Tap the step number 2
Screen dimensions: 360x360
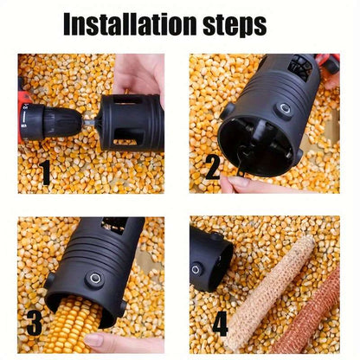[211, 166]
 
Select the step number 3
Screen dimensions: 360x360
[35, 322]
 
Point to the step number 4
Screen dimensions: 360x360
[220, 324]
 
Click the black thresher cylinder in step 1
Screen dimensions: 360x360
[130, 120]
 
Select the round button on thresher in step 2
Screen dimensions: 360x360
[284, 109]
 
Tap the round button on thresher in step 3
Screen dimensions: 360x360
[94, 280]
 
